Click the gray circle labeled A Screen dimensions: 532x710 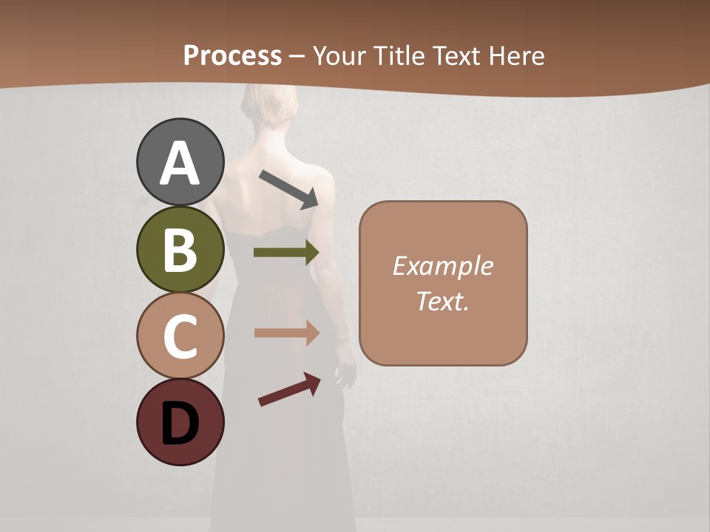pyautogui.click(x=180, y=162)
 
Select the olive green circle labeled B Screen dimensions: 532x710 pyautogui.click(x=180, y=249)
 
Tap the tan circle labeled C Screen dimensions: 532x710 pyautogui.click(x=180, y=335)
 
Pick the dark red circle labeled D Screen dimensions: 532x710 pyautogui.click(x=180, y=423)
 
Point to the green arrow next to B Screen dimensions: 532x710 pyautogui.click(x=286, y=252)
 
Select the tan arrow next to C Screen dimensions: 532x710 pyautogui.click(x=286, y=333)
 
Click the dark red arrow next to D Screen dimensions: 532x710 pyautogui.click(x=289, y=389)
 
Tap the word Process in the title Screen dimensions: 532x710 pyautogui.click(x=232, y=55)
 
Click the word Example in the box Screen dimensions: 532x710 pyautogui.click(x=442, y=266)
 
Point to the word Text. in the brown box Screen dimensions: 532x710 pyautogui.click(x=442, y=301)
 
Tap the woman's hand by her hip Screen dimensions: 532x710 pyautogui.click(x=345, y=373)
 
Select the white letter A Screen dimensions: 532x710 pyautogui.click(x=180, y=163)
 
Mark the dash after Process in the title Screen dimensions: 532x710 pyautogui.click(x=297, y=56)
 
